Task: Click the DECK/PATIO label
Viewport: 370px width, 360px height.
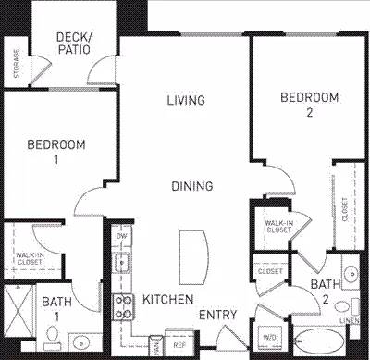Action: point(73,43)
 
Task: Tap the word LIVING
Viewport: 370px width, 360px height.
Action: point(186,100)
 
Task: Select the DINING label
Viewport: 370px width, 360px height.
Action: point(191,186)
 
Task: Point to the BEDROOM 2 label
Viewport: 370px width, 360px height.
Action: point(309,104)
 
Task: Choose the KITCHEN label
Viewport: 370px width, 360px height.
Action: point(167,299)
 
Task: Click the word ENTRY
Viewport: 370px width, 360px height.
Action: point(219,315)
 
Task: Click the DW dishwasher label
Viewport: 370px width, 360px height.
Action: point(121,236)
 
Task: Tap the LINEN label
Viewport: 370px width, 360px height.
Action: point(350,319)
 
